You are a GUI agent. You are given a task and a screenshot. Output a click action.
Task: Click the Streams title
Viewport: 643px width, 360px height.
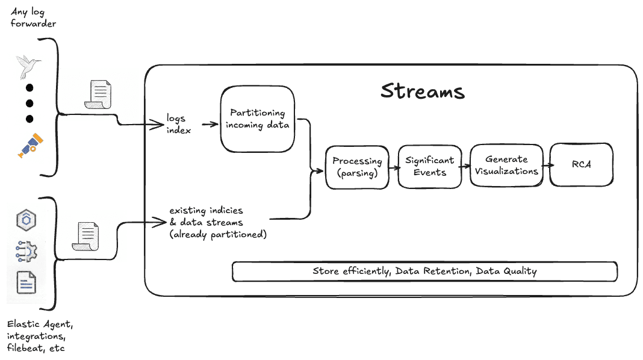(423, 91)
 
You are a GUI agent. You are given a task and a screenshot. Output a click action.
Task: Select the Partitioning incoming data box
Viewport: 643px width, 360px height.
(257, 119)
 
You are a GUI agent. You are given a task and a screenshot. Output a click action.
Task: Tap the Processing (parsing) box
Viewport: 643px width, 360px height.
(357, 167)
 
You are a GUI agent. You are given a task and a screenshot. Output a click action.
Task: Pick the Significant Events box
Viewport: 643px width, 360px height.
(429, 166)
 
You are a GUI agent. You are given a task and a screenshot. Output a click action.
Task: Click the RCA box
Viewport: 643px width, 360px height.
(581, 164)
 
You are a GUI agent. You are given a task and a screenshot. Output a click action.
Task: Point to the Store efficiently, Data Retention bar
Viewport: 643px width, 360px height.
(424, 271)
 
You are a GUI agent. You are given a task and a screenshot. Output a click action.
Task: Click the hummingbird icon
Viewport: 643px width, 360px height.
(28, 66)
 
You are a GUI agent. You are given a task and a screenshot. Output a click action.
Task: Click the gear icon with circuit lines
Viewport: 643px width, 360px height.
(26, 252)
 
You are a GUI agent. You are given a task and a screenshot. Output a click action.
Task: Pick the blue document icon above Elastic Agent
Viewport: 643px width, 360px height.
(26, 282)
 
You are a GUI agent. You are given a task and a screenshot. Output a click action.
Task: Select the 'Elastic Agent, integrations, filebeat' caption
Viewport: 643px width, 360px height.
(39, 336)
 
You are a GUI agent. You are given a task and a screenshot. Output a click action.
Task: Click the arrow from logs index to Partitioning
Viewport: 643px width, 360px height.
(210, 125)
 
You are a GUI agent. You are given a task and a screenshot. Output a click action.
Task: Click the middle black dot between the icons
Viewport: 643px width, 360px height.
(29, 103)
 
